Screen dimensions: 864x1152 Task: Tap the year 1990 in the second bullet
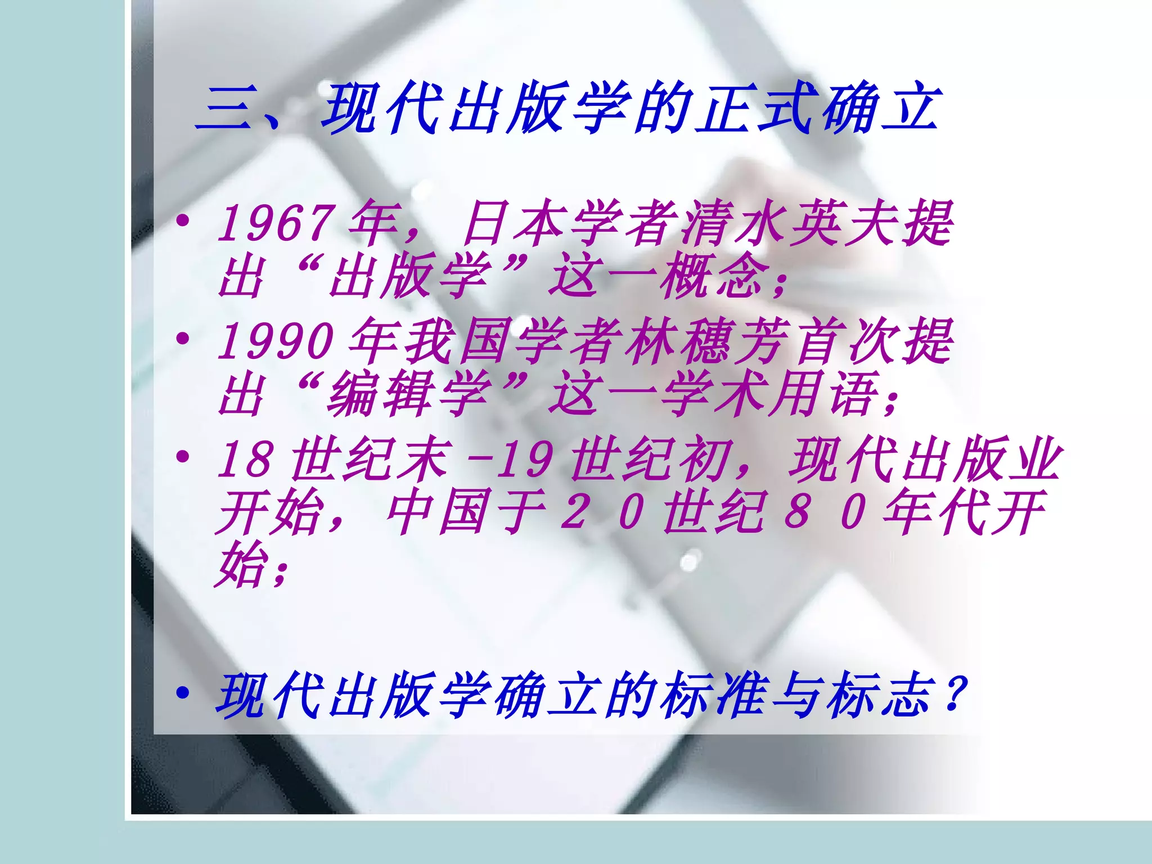276,341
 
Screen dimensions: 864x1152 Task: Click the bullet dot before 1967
182,220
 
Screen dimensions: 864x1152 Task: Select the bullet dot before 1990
182,339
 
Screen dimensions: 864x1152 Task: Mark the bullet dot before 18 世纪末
182,456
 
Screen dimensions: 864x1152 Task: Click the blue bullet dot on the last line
182,693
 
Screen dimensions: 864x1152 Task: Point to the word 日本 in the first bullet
515,223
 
